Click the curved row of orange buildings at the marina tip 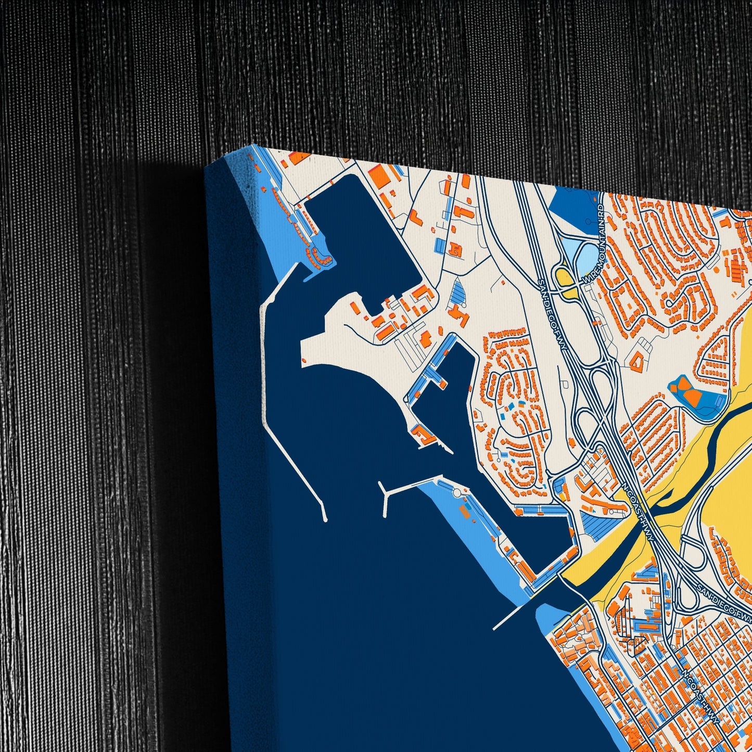coord(318,257)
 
